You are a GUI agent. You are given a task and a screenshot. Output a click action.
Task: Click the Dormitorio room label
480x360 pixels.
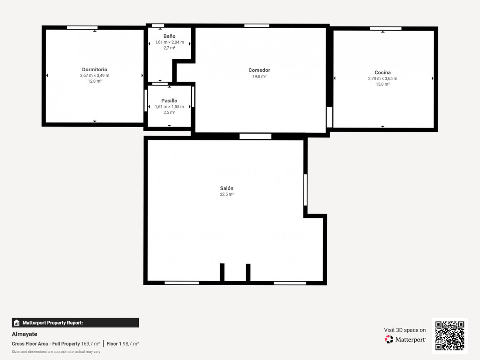pyautogui.click(x=94, y=70)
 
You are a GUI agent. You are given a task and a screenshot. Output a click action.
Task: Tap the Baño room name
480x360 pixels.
pyautogui.click(x=169, y=36)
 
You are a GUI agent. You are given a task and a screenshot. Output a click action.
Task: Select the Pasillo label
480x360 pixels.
pyautogui.click(x=169, y=101)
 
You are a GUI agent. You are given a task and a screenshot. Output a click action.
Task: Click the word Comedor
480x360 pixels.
pyautogui.click(x=259, y=70)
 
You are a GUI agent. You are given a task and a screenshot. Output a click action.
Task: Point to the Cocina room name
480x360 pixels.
pyautogui.click(x=382, y=72)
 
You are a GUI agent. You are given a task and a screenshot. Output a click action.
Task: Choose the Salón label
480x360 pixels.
pyautogui.click(x=226, y=188)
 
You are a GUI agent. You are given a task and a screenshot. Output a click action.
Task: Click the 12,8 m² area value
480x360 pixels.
pyautogui.click(x=94, y=81)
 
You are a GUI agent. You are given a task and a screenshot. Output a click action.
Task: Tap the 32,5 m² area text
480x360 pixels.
pyautogui.click(x=226, y=194)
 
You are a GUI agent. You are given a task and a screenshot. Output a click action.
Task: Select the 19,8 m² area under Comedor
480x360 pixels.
pyautogui.click(x=259, y=76)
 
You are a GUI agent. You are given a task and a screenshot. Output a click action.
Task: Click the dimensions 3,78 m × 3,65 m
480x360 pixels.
pyautogui.click(x=382, y=78)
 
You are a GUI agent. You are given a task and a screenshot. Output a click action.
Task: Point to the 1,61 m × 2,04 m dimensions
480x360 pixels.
pyautogui.click(x=169, y=42)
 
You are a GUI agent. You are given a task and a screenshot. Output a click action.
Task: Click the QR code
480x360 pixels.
pyautogui.click(x=450, y=336)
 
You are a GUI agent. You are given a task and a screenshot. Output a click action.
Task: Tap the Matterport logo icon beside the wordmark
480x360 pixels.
pyautogui.click(x=389, y=339)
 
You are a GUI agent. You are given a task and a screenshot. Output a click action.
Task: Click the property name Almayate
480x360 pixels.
pyautogui.click(x=24, y=334)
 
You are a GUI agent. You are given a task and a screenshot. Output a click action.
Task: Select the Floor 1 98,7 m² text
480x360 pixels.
pyautogui.click(x=123, y=344)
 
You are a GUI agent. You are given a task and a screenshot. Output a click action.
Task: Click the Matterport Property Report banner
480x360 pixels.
pyautogui.click(x=75, y=323)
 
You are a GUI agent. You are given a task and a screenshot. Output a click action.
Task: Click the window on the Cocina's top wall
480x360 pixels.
pyautogui.click(x=386, y=29)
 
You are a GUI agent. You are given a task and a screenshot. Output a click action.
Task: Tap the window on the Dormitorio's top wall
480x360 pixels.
pyautogui.click(x=82, y=28)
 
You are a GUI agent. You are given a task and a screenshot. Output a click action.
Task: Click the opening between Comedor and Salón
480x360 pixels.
pyautogui.click(x=255, y=136)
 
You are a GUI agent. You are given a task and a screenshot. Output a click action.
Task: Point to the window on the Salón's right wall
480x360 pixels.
pyautogui.click(x=305, y=190)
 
